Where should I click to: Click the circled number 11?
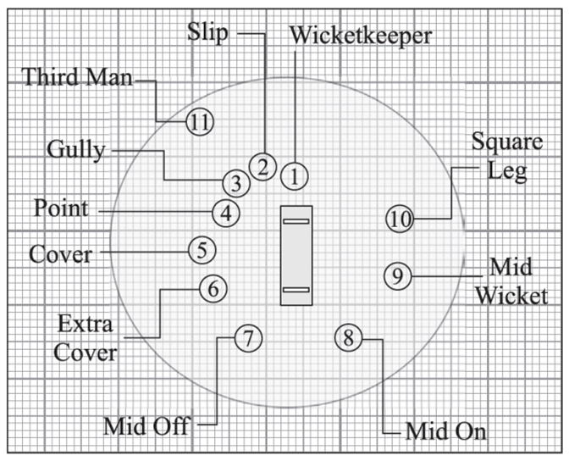(200, 121)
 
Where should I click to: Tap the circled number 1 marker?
(294, 176)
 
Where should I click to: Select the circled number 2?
(263, 165)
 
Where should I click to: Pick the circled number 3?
(235, 182)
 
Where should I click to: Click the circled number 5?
(202, 249)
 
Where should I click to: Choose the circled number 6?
(213, 288)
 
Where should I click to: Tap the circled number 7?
(246, 339)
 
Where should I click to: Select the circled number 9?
(397, 275)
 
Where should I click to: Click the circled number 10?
(400, 219)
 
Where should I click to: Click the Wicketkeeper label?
(361, 36)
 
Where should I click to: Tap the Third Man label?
(78, 77)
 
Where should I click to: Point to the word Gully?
(75, 150)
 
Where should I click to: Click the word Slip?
(208, 32)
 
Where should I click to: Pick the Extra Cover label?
(85, 336)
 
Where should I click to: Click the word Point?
(61, 208)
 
